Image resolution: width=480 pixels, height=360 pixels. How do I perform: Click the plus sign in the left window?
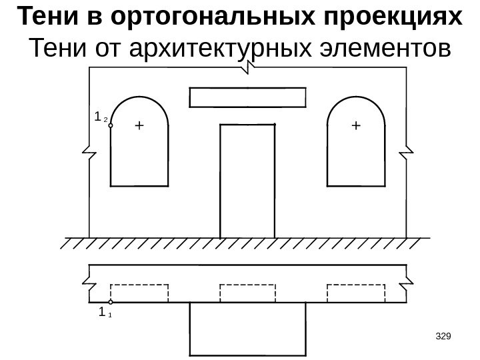point(139,125)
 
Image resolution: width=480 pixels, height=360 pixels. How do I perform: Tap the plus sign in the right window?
point(355,125)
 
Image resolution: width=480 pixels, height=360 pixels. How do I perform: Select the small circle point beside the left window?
point(111,125)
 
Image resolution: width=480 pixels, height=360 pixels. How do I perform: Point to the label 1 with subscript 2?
point(99,117)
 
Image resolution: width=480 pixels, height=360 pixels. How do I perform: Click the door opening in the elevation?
point(247,180)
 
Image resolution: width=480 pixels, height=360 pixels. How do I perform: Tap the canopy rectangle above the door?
point(248,97)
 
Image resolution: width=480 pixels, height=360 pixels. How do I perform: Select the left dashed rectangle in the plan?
point(139,293)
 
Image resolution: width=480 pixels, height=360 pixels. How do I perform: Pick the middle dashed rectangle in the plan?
point(247,293)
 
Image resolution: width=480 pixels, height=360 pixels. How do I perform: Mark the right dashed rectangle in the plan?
point(355,293)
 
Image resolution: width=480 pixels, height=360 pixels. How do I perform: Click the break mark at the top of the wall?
point(248,68)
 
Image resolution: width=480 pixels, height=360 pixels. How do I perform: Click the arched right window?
point(356,143)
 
